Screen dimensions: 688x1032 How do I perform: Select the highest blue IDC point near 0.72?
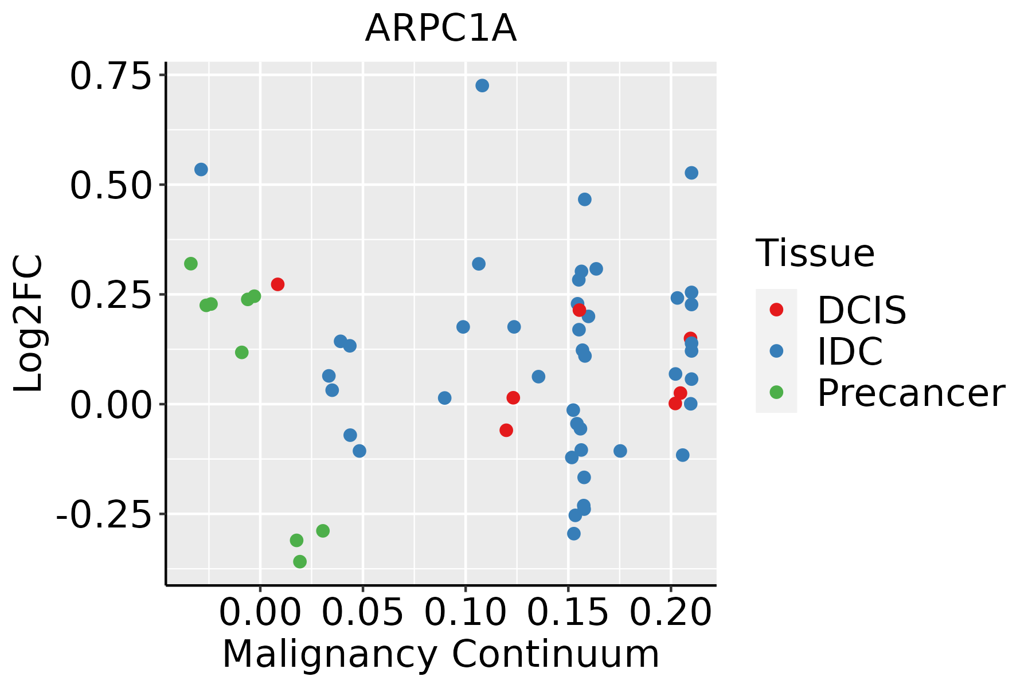(x=482, y=85)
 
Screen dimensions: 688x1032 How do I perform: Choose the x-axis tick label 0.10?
(x=465, y=613)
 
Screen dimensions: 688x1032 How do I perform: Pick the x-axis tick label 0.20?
(x=670, y=613)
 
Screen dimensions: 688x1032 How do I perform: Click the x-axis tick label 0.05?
(x=362, y=613)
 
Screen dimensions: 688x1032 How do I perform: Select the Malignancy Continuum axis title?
(x=440, y=655)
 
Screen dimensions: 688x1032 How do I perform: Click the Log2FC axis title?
(x=29, y=324)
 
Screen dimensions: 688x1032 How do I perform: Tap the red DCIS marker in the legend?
(x=776, y=310)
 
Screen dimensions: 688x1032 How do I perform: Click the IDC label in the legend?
(x=850, y=351)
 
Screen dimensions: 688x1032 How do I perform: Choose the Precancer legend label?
(x=910, y=393)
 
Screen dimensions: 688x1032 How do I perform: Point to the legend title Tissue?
(x=815, y=253)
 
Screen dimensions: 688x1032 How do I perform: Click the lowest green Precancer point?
(x=300, y=561)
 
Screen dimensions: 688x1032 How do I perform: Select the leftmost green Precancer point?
(x=191, y=264)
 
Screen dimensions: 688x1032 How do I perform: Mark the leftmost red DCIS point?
(x=277, y=284)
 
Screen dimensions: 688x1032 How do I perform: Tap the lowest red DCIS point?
(x=506, y=430)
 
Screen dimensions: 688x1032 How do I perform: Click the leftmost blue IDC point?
(x=201, y=169)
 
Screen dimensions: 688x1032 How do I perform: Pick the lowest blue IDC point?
(x=574, y=533)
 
